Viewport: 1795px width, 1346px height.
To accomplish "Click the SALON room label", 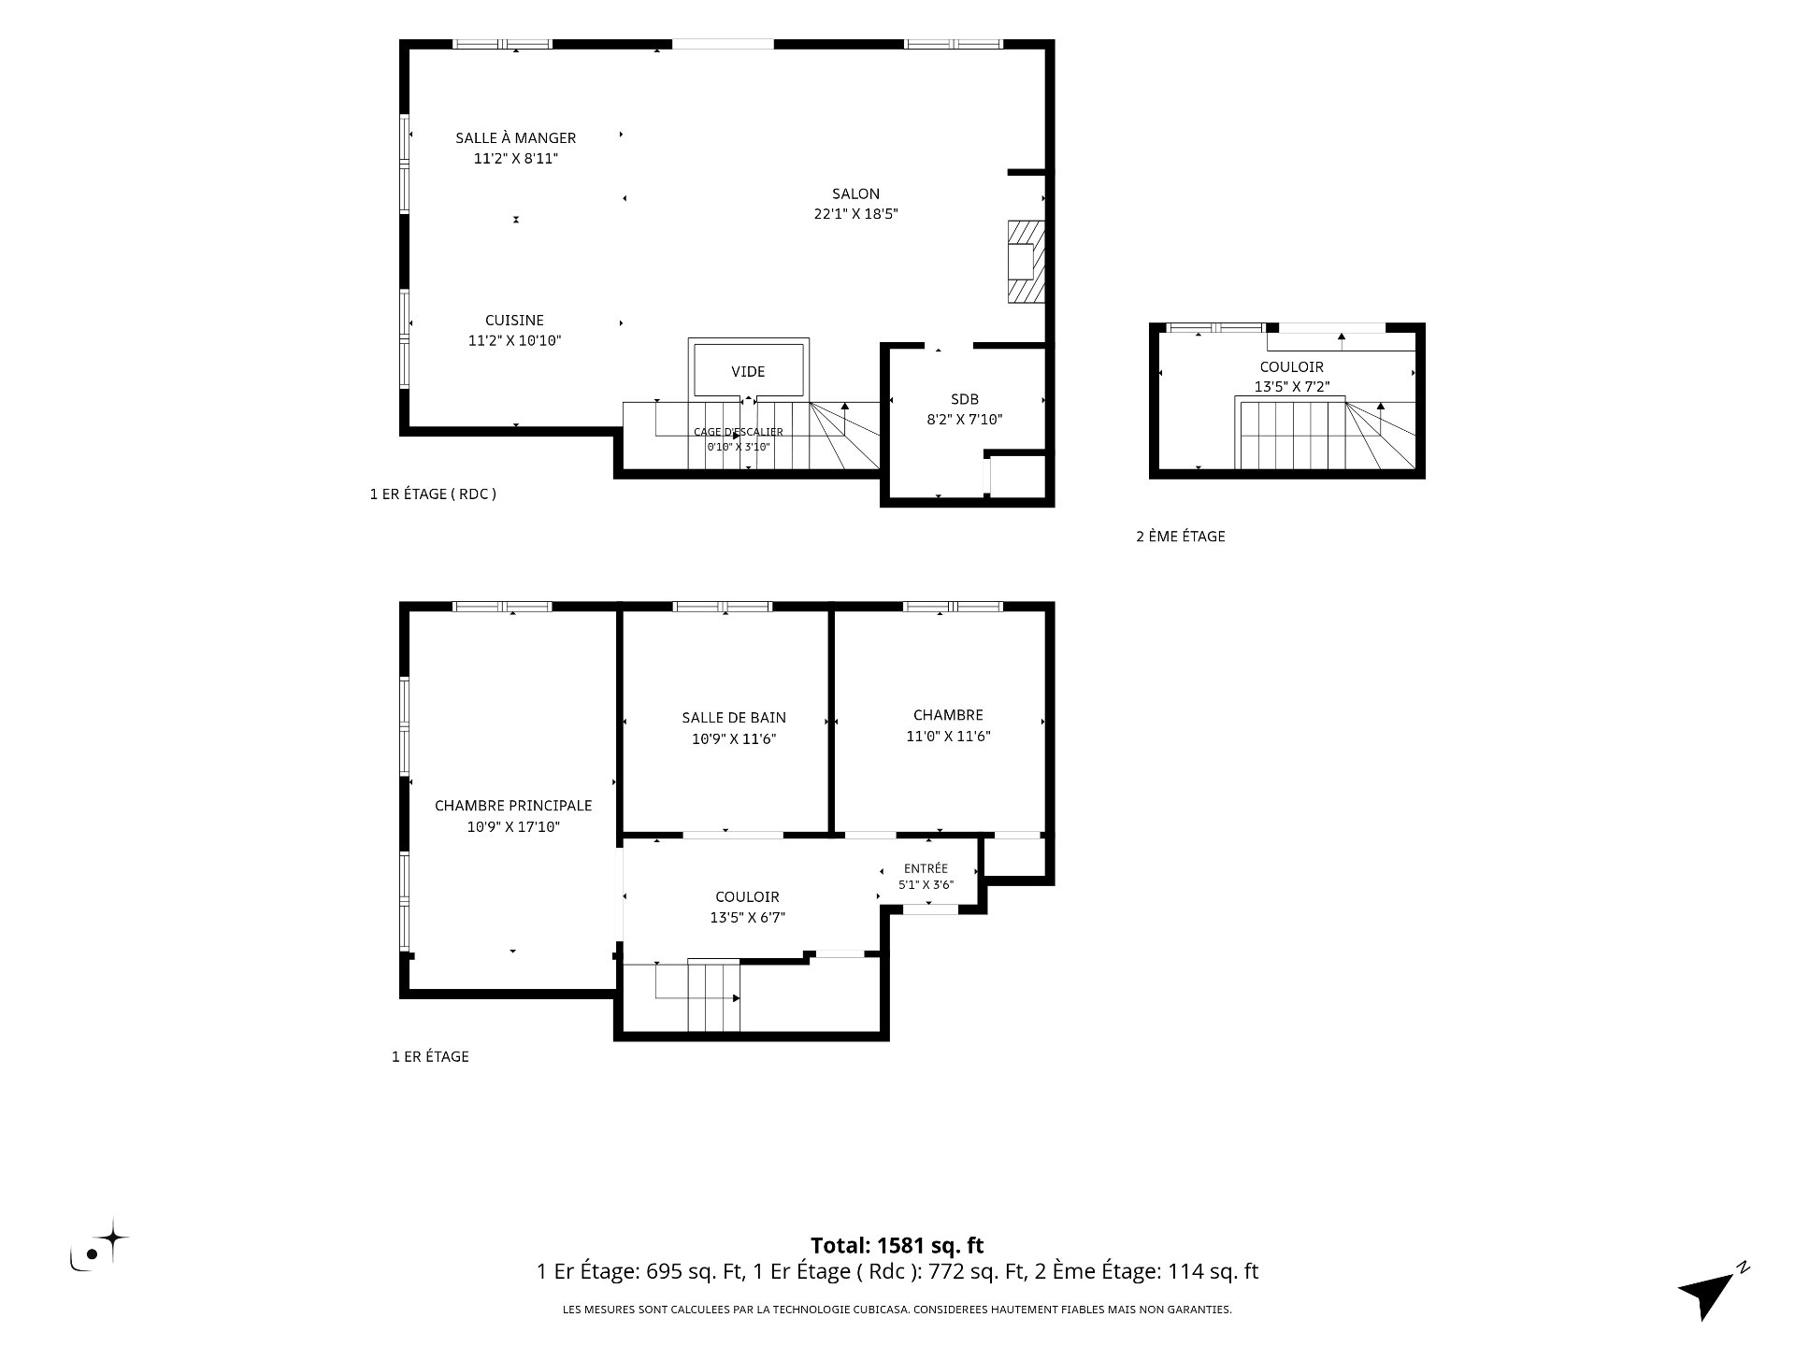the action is [855, 193].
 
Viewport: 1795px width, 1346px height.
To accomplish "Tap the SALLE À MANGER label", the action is [515, 137].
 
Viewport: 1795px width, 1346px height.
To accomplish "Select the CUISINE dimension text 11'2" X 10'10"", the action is [514, 341].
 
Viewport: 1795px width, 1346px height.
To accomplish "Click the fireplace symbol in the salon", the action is [1025, 262].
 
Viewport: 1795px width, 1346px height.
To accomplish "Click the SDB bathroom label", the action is [965, 399].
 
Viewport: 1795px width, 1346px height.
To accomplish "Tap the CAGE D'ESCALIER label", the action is [738, 432].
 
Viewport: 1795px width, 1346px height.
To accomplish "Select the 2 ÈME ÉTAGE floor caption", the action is [1180, 537].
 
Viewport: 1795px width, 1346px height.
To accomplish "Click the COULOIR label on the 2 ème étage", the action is [1291, 366].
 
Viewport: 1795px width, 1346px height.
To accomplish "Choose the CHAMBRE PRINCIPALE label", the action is [513, 806].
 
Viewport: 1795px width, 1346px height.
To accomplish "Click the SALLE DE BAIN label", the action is [734, 718].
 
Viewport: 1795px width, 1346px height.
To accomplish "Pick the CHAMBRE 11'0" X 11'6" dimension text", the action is [948, 737].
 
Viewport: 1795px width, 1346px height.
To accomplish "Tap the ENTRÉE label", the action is [926, 868].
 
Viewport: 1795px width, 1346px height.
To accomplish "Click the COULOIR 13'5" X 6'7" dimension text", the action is [747, 918].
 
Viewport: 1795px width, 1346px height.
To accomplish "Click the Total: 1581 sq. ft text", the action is [897, 1245].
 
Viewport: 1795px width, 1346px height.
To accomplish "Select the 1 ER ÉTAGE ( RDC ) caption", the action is [433, 494].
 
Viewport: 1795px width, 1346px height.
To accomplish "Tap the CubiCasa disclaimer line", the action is [897, 1310].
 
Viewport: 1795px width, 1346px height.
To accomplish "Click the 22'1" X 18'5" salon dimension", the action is [855, 214].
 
